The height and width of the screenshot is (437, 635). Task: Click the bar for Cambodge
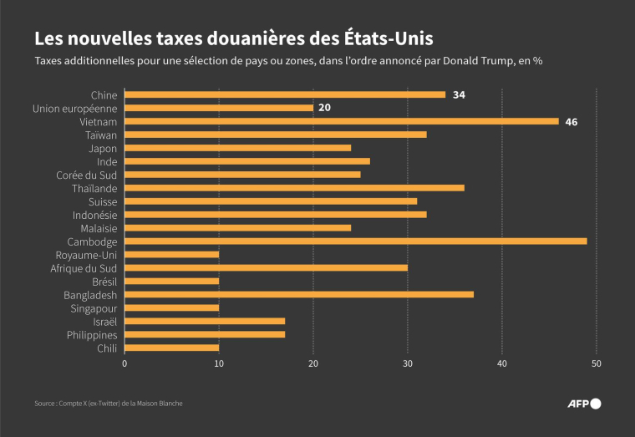coord(355,241)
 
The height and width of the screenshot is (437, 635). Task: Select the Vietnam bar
coord(341,121)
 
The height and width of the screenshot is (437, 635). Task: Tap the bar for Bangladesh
coord(298,295)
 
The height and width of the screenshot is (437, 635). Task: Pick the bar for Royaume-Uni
coord(171,255)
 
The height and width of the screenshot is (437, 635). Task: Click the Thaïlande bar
coord(294,188)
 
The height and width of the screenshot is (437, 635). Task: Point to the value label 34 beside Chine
coord(459,94)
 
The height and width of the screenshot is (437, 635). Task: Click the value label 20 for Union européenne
coord(324,108)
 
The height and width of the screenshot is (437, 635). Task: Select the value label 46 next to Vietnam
coord(571,121)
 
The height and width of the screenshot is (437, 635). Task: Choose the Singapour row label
coord(93,308)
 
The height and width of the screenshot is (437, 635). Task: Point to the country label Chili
coord(106,348)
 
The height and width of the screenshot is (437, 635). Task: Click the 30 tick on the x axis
coord(408,364)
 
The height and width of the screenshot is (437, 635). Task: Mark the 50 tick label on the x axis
coord(597,364)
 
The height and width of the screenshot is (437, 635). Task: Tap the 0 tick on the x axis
coord(124,364)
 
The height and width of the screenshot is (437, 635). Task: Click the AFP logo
coord(584,404)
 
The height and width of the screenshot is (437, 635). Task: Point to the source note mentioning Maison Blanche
coord(109,404)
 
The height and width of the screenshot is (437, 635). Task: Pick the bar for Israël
coord(205,322)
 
